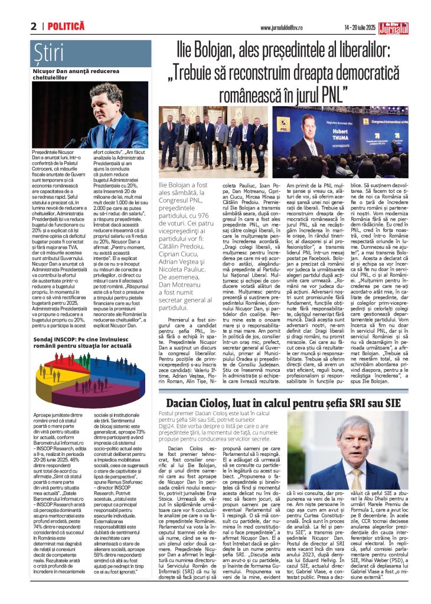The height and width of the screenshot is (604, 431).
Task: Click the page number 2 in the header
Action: [34, 27]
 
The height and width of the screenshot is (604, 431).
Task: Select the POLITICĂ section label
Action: [66, 27]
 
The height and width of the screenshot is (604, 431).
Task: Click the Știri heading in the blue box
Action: [49, 52]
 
